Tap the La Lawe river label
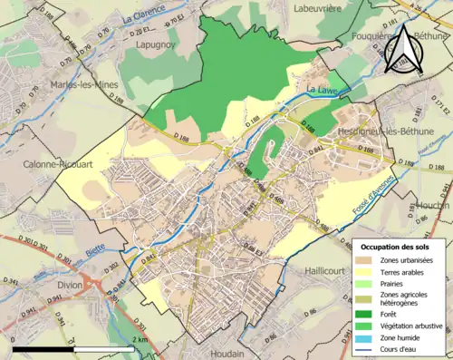pyautogui.click(x=321, y=90)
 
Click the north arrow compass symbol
pyautogui.click(x=403, y=51)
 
